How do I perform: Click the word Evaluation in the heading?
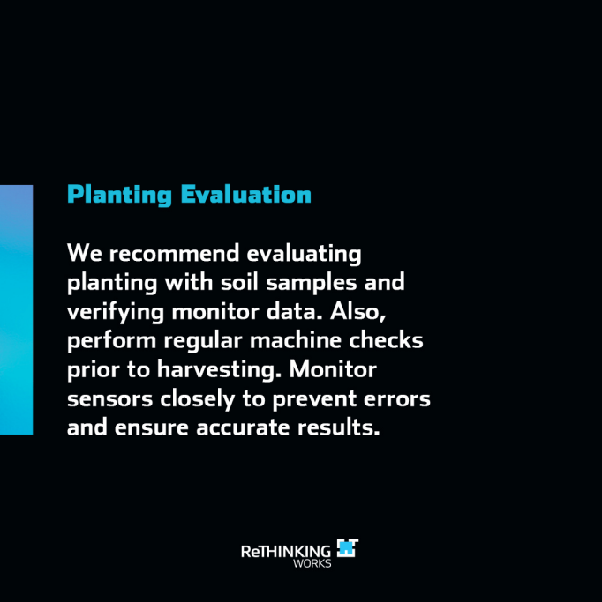tap(246, 194)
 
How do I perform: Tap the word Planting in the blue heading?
tap(119, 196)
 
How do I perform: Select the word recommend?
tap(174, 253)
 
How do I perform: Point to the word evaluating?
tap(304, 255)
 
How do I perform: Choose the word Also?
tap(357, 312)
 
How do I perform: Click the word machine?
tap(296, 339)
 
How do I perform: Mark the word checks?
tap(386, 339)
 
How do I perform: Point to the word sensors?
tap(110, 399)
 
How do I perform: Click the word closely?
tap(197, 399)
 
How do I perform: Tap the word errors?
tap(396, 399)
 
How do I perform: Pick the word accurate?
tap(243, 428)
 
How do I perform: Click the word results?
tap(339, 427)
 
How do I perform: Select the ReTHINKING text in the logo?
tap(286, 552)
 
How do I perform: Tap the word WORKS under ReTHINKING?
tap(312, 563)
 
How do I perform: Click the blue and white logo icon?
tap(348, 548)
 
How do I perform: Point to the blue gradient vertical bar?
tap(16, 310)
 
